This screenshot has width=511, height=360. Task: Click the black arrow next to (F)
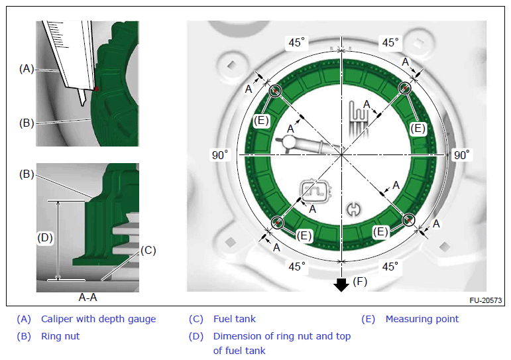[341, 284]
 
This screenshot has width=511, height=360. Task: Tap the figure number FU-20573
[486, 300]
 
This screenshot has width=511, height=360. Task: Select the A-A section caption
[87, 298]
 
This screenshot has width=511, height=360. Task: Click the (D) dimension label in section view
[45, 238]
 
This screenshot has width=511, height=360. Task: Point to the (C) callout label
[148, 251]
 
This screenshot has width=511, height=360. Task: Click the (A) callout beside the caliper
[27, 69]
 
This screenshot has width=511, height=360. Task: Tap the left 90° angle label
[220, 155]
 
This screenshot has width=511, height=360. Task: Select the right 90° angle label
[462, 155]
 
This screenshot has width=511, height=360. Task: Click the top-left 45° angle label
[296, 42]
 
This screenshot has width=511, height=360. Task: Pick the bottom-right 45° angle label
[390, 267]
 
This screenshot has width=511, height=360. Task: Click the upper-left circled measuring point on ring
[275, 91]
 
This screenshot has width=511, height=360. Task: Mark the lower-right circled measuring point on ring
[408, 220]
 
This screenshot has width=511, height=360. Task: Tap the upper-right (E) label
[418, 129]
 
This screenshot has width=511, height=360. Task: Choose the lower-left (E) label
[304, 236]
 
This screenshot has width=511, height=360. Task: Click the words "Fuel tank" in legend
[235, 319]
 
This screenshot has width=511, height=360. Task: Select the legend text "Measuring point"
[422, 319]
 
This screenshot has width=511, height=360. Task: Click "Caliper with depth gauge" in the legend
[98, 319]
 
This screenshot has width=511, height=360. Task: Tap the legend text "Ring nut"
[60, 336]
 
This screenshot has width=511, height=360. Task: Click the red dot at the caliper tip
[97, 88]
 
